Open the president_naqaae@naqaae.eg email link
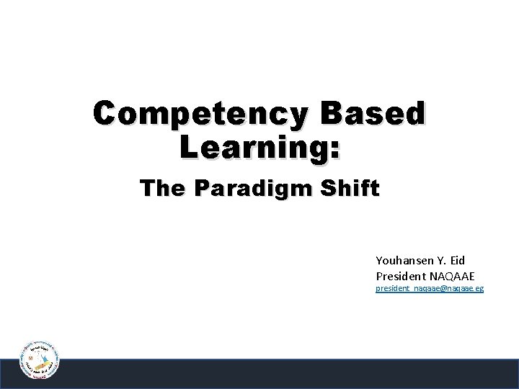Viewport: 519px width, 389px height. [x=430, y=289]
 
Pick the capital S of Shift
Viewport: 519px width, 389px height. [x=332, y=189]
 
